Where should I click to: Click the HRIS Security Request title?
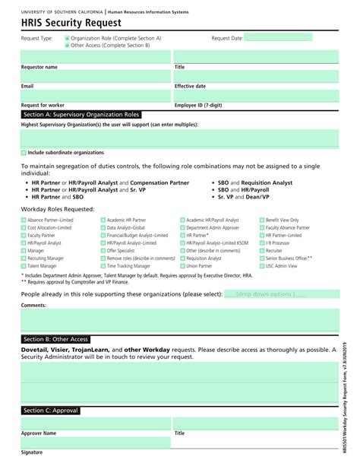[59, 24]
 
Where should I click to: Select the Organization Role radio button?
[67, 37]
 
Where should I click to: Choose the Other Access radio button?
[67, 45]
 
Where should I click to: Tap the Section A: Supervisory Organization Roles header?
[81, 114]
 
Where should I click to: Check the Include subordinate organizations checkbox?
[24, 153]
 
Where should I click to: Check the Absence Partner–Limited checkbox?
[24, 220]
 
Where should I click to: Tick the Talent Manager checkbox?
[24, 267]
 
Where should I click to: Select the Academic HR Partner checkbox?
[103, 220]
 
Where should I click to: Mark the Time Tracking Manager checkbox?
[103, 267]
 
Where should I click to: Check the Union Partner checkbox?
[182, 267]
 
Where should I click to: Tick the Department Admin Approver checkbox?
[182, 227]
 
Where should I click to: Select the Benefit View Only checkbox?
[262, 220]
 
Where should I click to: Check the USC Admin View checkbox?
[262, 267]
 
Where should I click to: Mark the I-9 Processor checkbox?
[262, 243]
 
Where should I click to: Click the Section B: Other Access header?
[56, 339]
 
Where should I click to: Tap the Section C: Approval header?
[51, 411]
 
